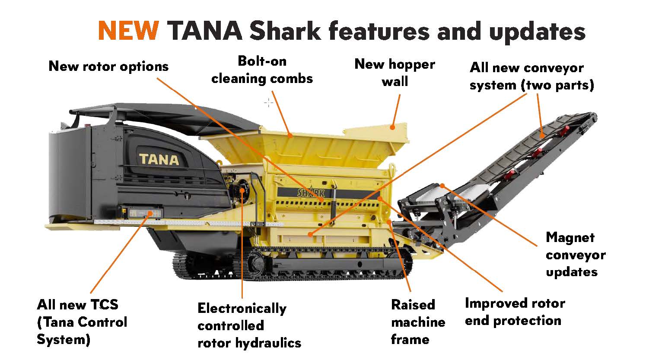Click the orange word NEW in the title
point(128,31)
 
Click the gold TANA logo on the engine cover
point(159,159)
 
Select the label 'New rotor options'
point(108,66)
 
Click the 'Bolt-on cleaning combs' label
point(262,70)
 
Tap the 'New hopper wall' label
point(395,73)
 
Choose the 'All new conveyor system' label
point(531,76)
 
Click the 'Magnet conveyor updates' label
point(575,255)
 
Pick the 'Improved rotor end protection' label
point(515,312)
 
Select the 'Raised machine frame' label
point(417,322)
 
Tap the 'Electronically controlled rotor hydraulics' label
point(249,325)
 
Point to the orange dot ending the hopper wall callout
point(392,127)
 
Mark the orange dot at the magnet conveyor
point(442,186)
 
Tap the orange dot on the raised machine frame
point(389,221)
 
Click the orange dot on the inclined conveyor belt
point(543,135)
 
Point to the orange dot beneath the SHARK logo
point(322,200)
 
